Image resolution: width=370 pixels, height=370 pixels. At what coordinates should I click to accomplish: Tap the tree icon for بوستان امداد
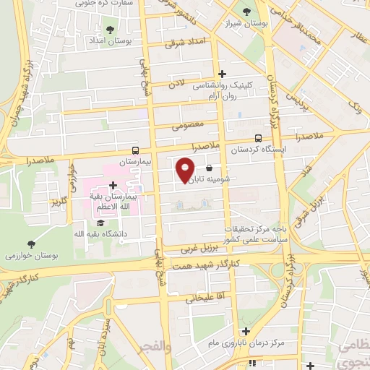click(110, 30)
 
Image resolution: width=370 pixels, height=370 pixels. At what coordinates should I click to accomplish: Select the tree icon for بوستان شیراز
click(247, 12)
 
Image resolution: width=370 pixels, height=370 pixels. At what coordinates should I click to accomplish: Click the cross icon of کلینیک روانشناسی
click(222, 74)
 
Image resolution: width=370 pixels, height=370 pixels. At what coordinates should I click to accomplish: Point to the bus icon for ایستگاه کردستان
click(258, 139)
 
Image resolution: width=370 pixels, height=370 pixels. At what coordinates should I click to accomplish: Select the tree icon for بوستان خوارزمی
click(30, 244)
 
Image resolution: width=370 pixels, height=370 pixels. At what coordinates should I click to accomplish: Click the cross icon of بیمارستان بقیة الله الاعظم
click(113, 185)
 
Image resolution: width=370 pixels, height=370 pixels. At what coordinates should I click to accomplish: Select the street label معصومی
click(184, 124)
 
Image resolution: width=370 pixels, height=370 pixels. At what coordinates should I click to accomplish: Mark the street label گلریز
click(58, 201)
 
